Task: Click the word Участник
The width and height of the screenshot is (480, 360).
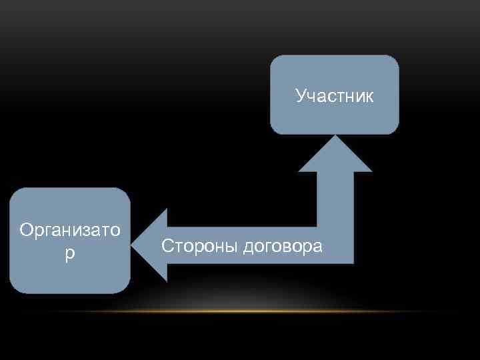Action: [335, 97]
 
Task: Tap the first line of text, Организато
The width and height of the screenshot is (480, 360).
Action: [70, 231]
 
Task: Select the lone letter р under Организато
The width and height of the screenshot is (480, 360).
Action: [70, 255]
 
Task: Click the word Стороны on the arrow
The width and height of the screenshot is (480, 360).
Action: [199, 246]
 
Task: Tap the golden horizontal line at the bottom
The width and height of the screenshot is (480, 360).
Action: [240, 311]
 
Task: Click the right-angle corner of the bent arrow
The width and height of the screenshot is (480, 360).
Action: [335, 245]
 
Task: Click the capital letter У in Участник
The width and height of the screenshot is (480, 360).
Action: [301, 97]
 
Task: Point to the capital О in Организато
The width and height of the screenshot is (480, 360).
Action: [26, 231]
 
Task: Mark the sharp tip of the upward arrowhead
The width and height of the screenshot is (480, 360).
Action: [335, 137]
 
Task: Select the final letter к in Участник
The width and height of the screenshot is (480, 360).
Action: [369, 97]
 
